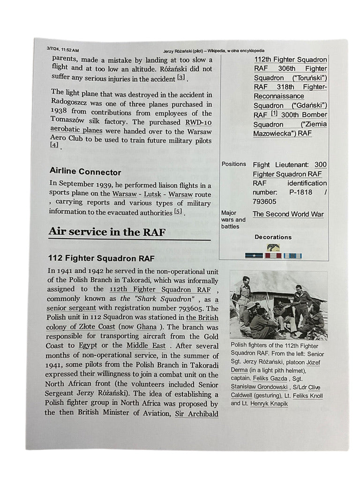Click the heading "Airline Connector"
pos(85,172)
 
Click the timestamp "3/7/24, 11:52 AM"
pos(63,50)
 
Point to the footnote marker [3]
pos(181,77)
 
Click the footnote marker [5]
pos(178,212)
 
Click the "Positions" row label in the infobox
pos(233,164)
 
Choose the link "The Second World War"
pos(288,214)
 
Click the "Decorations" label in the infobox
pos(273,237)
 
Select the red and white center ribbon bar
pos(273,256)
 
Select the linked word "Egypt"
pos(88,345)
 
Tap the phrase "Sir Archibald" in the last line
pos(196,413)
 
